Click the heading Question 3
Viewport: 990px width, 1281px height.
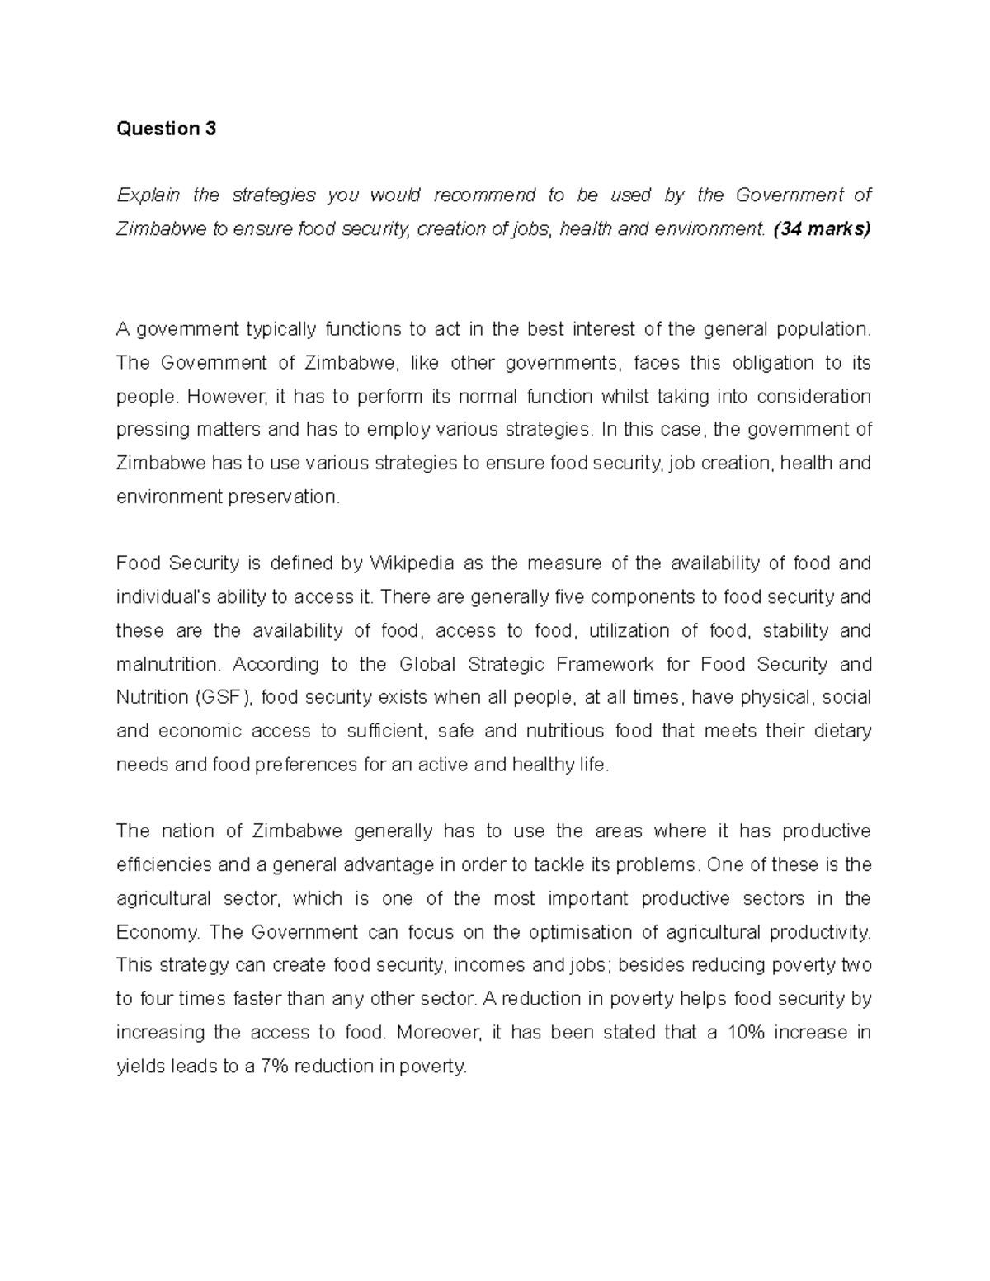pyautogui.click(x=166, y=129)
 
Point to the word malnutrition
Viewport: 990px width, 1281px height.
pyautogui.click(x=169, y=665)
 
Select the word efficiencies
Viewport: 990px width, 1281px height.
pyautogui.click(x=163, y=865)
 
